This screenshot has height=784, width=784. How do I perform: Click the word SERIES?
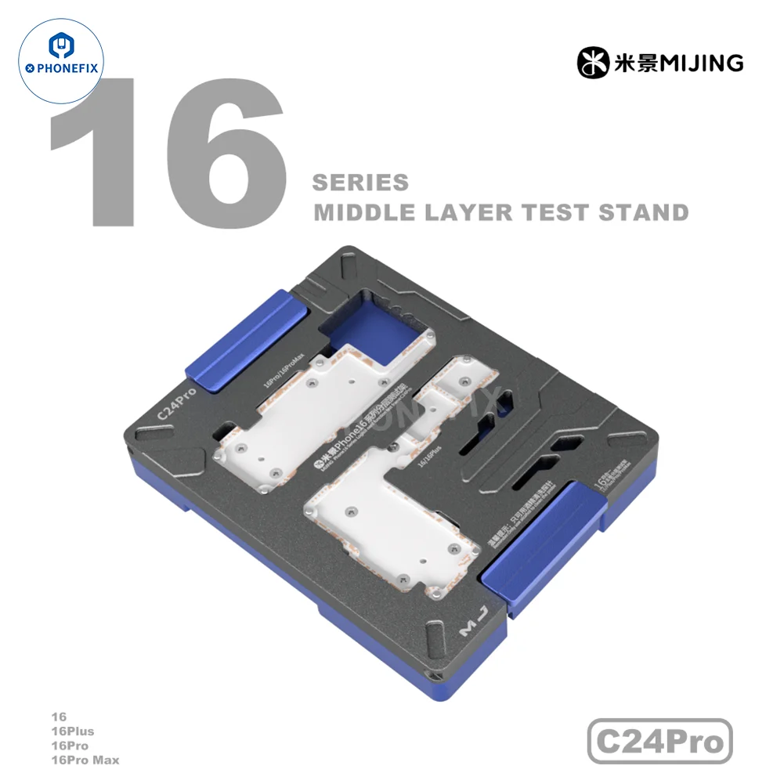point(360,183)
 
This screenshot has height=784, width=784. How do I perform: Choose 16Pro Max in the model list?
point(85,760)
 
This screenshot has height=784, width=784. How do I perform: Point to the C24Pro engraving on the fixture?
point(177,403)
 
